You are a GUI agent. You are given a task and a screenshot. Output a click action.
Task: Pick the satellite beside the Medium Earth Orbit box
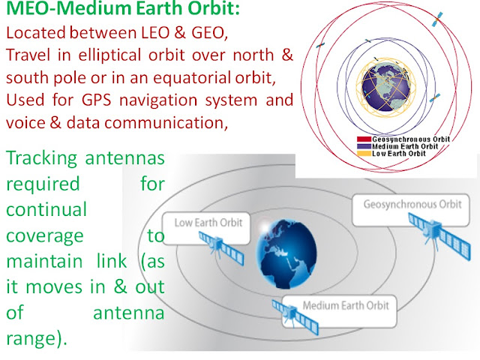[x=289, y=312]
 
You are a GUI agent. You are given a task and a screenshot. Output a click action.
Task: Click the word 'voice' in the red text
[x=24, y=123]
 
